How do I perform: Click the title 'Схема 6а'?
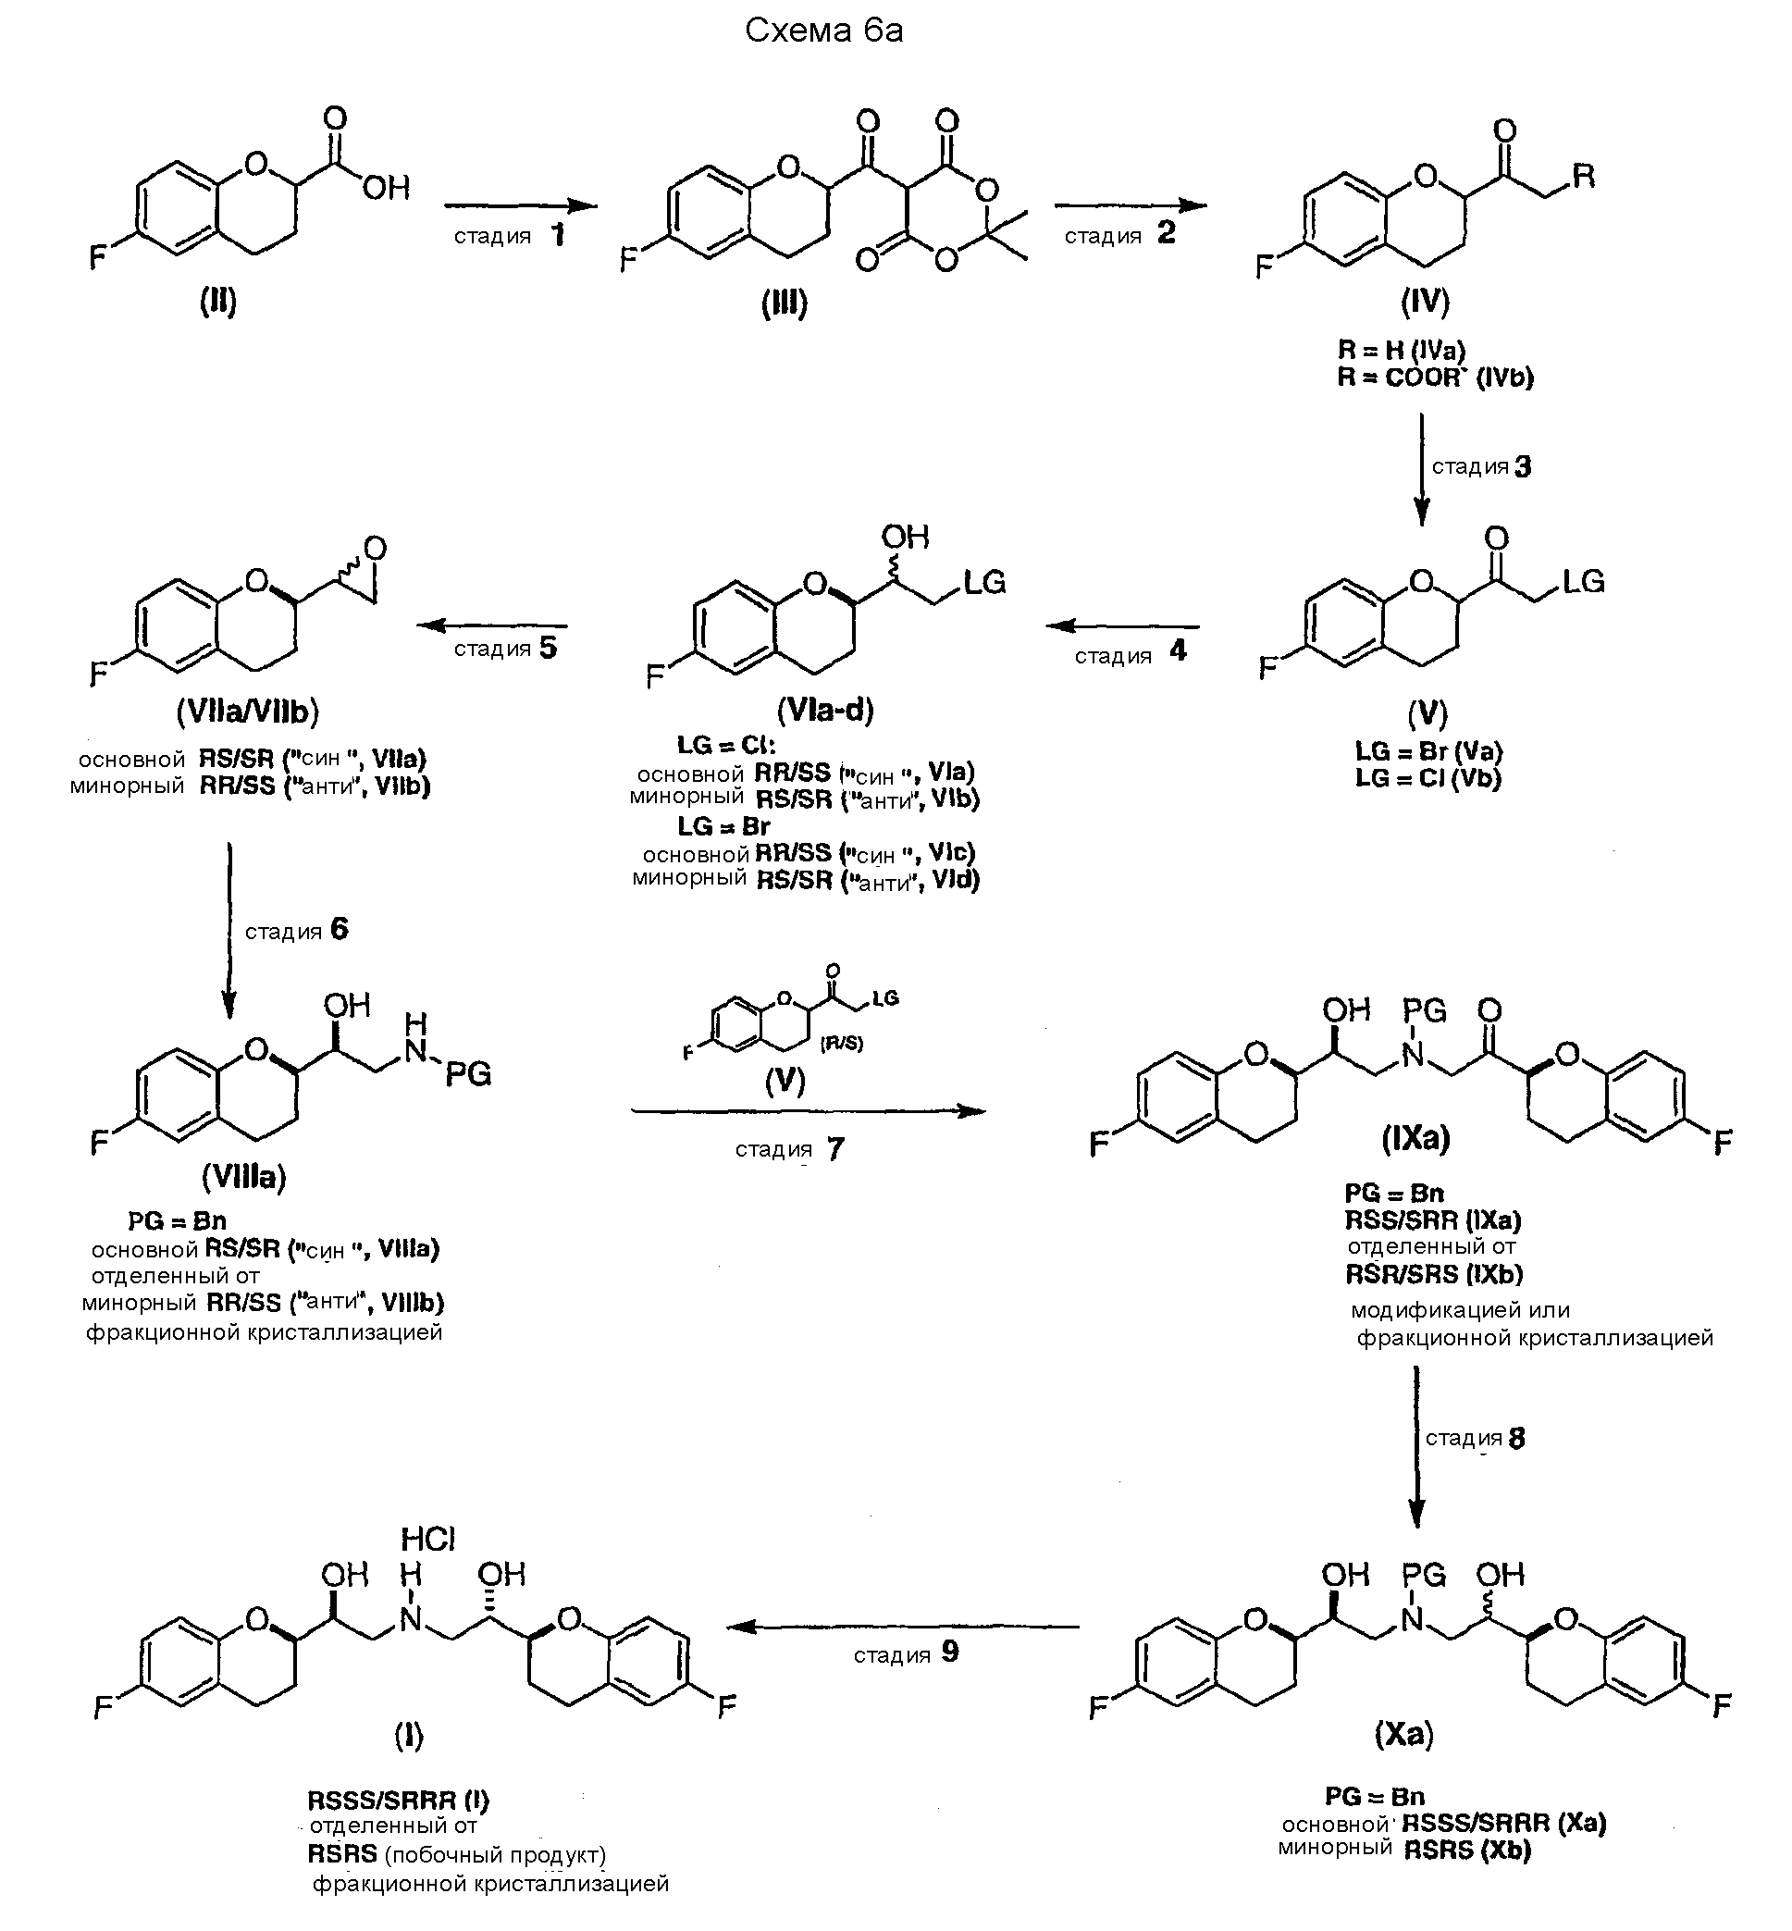823,31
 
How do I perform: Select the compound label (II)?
218,303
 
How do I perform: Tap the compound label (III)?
785,304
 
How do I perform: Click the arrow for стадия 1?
520,205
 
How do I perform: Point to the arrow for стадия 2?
1130,205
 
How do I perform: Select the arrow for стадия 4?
1122,626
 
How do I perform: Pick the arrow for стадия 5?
492,625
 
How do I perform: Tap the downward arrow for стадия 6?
229,930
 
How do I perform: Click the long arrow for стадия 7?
808,1110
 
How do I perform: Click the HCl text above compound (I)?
427,1540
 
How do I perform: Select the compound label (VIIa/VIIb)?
247,712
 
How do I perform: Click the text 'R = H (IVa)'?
1402,350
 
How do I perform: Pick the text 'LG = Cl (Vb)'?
1427,778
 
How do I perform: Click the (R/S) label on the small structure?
841,1045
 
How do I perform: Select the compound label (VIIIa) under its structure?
244,1178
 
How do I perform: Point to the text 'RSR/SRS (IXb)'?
1433,1273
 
